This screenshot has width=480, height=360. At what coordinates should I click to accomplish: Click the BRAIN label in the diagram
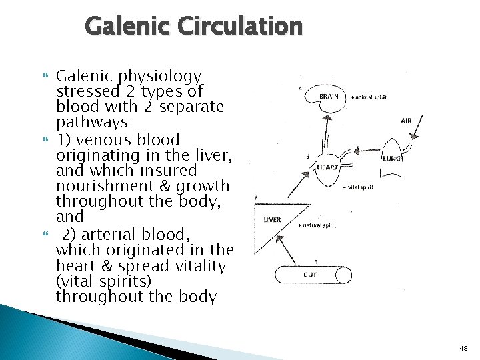coord(329,97)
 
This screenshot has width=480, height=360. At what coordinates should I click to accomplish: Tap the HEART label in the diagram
coord(327,167)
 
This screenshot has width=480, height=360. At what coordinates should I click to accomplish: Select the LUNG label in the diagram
coord(391,159)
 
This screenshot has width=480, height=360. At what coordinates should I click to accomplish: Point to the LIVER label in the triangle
coord(272,219)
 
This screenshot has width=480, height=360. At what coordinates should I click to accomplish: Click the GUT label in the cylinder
coord(311,275)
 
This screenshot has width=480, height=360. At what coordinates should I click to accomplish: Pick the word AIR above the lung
coord(406,121)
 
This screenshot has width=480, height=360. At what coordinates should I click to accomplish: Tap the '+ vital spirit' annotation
coord(357,187)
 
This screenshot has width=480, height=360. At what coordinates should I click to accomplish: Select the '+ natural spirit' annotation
coord(317,226)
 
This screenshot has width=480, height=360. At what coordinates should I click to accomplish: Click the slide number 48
coord(463,347)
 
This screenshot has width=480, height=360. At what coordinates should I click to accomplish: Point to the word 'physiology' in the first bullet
coord(163,76)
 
